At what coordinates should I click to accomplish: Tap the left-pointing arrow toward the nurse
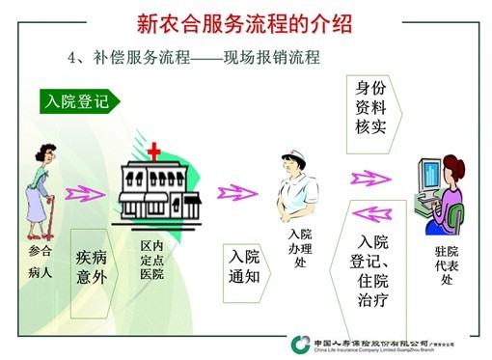pos(372,211)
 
